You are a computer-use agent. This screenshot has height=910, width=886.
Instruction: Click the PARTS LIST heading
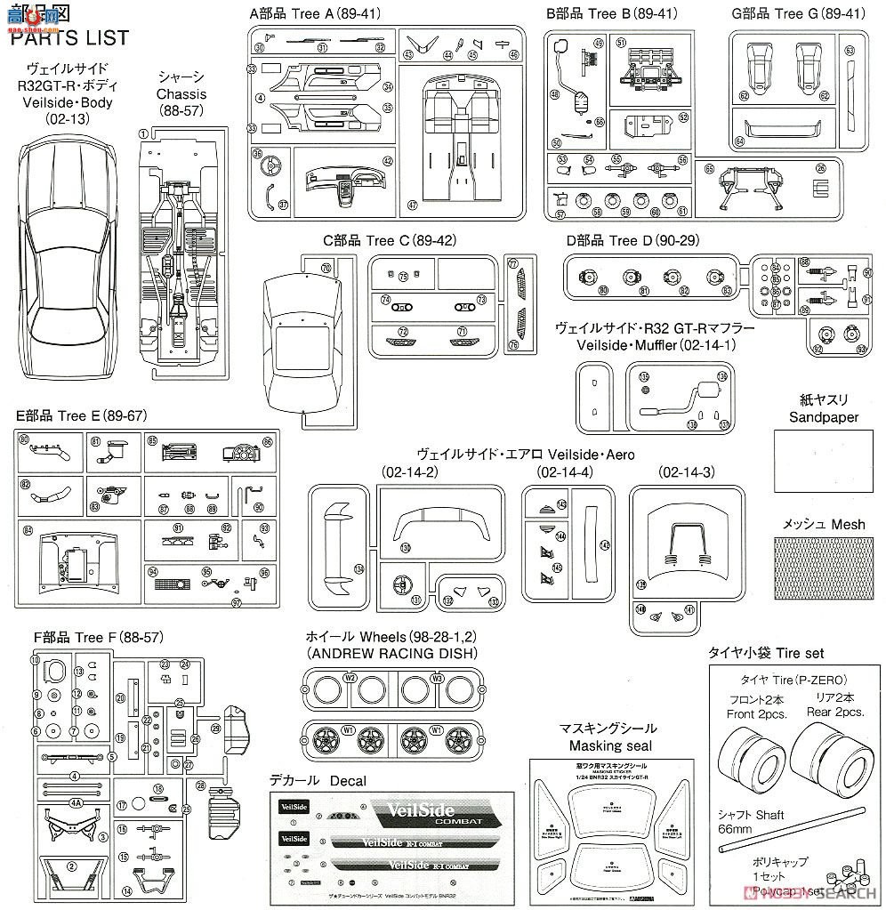(69, 38)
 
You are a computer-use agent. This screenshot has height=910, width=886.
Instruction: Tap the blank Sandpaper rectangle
(824, 462)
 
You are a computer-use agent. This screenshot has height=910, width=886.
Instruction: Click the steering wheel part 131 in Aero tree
(402, 584)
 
